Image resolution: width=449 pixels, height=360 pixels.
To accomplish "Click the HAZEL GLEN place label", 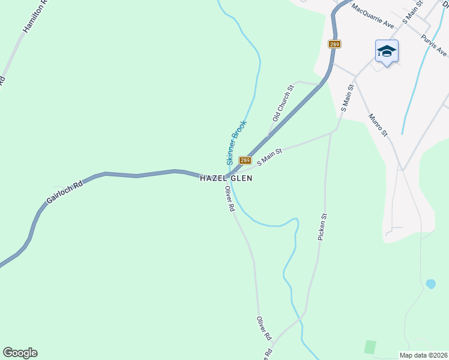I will pos(226,178).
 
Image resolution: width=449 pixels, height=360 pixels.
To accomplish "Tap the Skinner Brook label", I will pos(237,143).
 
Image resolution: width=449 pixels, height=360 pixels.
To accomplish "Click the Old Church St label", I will pos(282,103).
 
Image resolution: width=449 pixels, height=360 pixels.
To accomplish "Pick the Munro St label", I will pos(379,124).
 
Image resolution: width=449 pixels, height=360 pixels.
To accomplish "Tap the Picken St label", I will pos(322,227).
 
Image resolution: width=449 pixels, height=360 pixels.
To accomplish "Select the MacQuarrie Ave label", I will pos(373,16).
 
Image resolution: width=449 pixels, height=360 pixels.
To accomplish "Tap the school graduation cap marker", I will pos(387,52).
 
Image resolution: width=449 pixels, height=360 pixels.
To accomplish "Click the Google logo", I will pos(20,353).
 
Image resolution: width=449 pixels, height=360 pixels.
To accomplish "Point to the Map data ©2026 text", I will pos(424,355).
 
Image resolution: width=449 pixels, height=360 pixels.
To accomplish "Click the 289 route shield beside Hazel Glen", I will pos(245,160).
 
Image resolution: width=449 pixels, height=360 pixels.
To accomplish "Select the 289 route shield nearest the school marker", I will pos(335,44).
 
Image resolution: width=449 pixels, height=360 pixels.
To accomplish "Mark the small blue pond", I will pos(430,283).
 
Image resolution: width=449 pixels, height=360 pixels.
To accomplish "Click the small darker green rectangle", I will pos(370,346).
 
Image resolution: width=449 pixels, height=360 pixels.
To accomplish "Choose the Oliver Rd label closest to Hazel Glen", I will pos(229,199).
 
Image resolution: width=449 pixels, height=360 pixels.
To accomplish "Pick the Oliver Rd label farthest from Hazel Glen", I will pos(264,329).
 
